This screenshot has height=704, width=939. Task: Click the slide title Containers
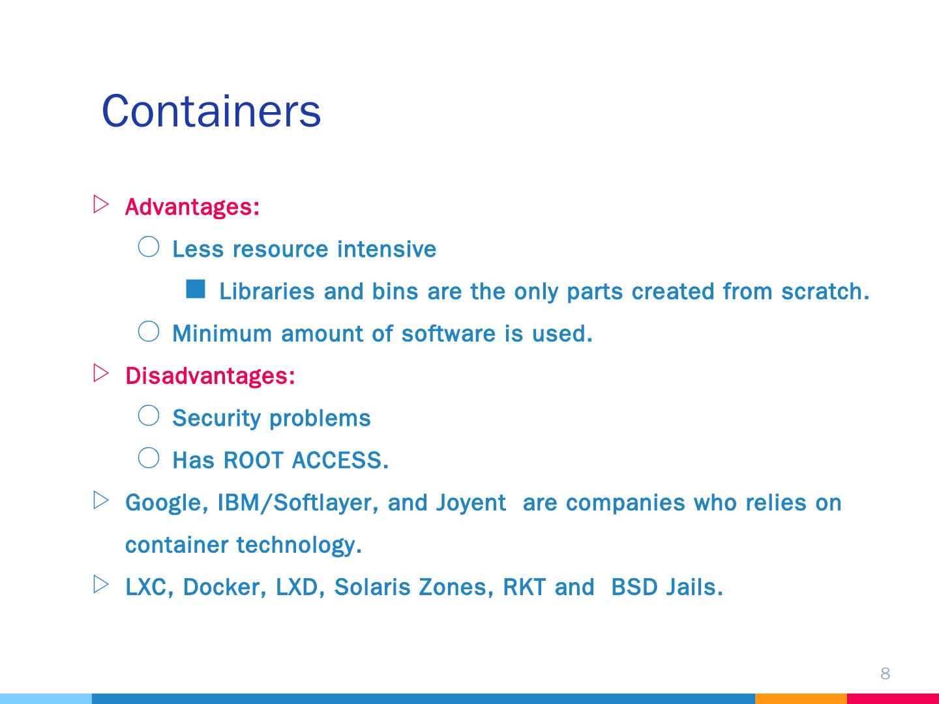(211, 111)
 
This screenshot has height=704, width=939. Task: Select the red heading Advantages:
(192, 207)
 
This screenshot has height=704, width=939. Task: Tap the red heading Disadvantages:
(210, 376)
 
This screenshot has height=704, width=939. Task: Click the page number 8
(885, 673)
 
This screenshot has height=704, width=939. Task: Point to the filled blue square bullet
(196, 289)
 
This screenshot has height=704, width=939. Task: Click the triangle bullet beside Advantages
(100, 204)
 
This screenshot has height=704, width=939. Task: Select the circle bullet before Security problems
(149, 416)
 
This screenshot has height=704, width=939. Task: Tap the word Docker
(224, 587)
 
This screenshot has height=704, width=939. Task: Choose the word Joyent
(470, 503)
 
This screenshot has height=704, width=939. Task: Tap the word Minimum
(222, 334)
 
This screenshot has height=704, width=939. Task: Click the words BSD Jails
(666, 587)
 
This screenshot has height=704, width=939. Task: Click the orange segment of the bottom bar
(801, 698)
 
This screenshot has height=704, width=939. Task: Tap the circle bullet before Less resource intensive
(149, 246)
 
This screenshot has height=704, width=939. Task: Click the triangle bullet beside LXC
(100, 584)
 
